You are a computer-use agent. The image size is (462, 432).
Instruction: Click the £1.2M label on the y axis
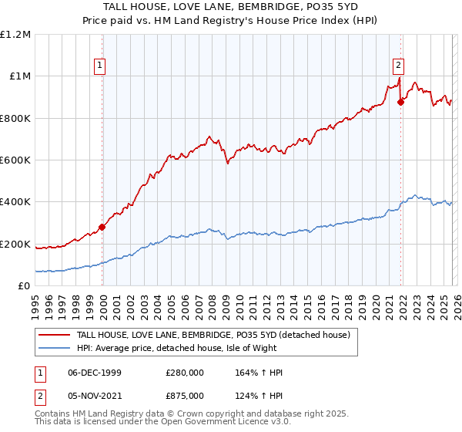[15, 35]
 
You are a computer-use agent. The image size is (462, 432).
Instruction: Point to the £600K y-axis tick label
[15, 160]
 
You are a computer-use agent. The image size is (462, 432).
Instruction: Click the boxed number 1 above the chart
[102, 66]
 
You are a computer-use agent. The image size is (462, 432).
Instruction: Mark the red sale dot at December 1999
[102, 228]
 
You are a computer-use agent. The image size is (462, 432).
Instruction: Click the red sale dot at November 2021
[400, 102]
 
